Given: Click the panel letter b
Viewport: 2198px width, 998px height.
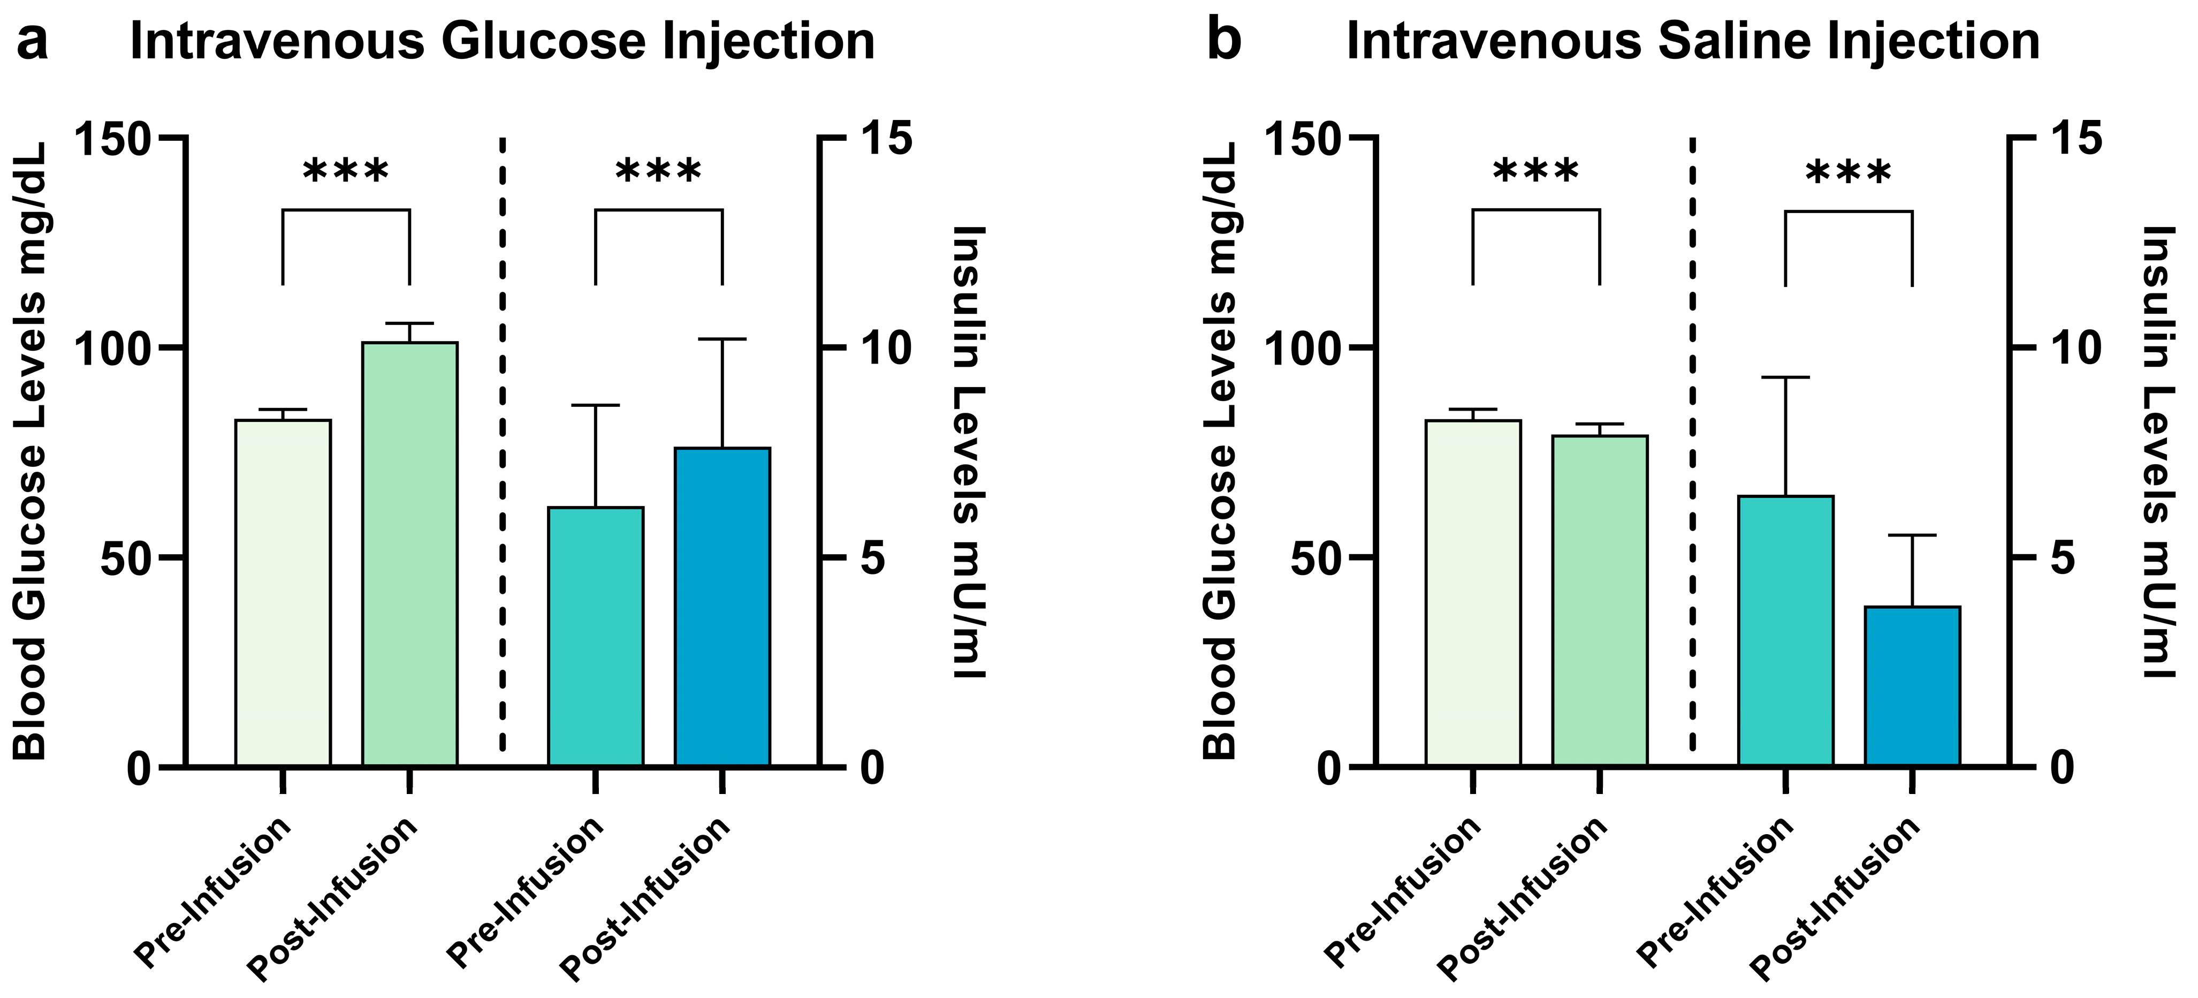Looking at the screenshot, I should [x=1223, y=41].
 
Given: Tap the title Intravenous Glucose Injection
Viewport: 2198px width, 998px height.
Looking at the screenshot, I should [x=501, y=41].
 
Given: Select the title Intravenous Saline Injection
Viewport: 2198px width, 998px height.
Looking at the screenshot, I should [x=1692, y=41].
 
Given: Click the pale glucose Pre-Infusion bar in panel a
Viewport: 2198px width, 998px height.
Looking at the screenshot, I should [x=283, y=593].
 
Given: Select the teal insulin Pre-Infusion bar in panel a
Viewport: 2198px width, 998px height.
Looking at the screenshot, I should [x=596, y=636].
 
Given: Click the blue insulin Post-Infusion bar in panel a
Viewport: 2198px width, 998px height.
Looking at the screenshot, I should [x=722, y=606].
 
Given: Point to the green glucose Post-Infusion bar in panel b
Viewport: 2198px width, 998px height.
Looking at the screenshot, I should [x=1600, y=600].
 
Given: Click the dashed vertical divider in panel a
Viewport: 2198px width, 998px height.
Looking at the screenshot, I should [x=503, y=444].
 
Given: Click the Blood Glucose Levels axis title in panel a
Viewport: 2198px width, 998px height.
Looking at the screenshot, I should [x=31, y=452].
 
